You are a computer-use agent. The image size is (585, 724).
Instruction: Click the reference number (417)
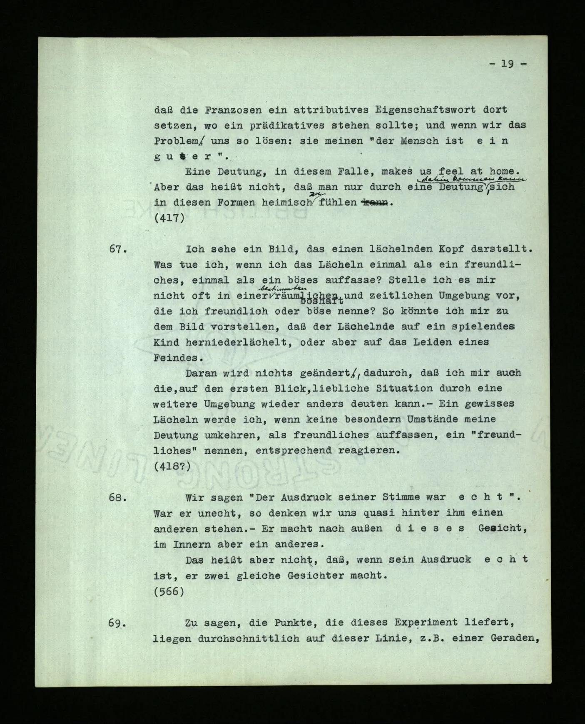tap(169, 218)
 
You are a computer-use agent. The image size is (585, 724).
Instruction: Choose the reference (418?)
tap(172, 466)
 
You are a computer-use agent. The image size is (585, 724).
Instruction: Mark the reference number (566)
tap(169, 591)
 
